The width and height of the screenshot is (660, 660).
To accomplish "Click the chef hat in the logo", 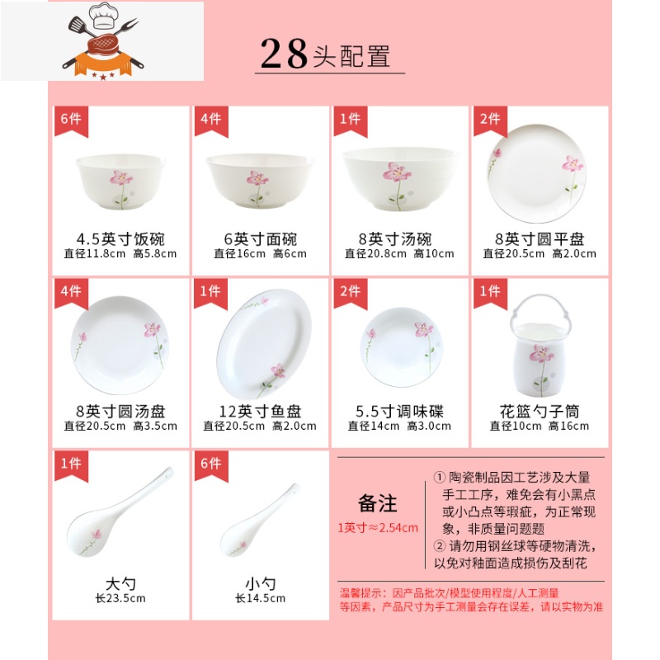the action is (104, 16).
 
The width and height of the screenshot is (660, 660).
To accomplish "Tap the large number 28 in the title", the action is (284, 54).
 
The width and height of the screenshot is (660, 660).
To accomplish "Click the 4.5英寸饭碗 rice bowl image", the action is (120, 181).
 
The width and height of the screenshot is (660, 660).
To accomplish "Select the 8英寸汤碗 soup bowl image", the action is (400, 178).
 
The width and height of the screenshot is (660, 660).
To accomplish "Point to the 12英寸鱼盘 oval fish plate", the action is (264, 343).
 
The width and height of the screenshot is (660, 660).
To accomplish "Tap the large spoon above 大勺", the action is (120, 511).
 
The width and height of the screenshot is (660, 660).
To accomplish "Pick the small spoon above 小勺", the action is (260, 521).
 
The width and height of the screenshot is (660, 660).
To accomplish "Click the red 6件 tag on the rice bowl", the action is (71, 121).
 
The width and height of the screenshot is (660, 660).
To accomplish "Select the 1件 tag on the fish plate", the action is (211, 294).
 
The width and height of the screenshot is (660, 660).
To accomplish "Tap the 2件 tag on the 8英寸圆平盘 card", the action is (490, 121).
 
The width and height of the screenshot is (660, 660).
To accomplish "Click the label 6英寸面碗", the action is (261, 239).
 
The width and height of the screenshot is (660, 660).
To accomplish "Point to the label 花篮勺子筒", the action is (540, 411).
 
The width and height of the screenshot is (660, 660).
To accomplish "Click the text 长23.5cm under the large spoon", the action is (120, 598).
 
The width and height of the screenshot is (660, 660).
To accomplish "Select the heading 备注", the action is (378, 503).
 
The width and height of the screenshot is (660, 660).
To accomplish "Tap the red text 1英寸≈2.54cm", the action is (378, 527).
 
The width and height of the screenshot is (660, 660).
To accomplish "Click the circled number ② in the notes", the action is (440, 546).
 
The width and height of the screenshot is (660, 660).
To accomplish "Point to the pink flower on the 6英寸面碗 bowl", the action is (257, 178).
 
